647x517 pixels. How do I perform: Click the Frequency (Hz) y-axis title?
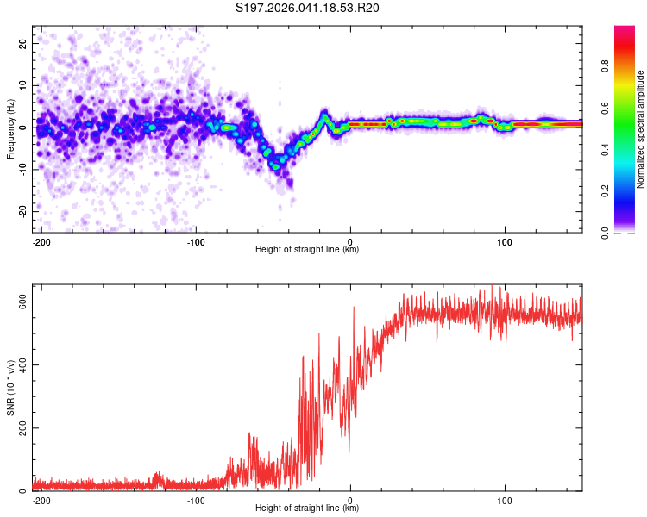coord(10,128)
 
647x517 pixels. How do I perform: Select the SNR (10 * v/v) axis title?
coord(10,387)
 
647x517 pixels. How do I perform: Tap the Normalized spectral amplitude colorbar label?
coord(640,129)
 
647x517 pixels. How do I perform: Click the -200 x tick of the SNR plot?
coord(41,500)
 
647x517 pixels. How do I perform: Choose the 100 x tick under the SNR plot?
coord(504,500)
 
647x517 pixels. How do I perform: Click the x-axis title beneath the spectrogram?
coord(307,250)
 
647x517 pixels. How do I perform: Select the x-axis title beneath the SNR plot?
coord(307,508)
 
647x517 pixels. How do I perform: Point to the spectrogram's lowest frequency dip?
coord(277,166)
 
